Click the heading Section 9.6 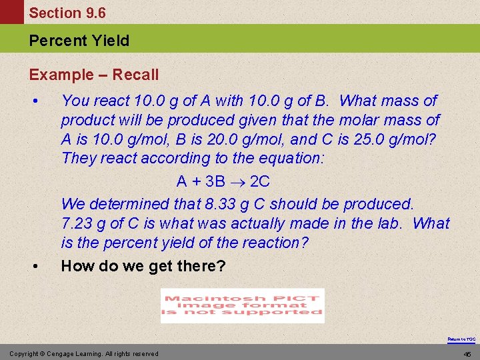(67, 13)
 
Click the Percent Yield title (79, 41)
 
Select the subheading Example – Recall (94, 75)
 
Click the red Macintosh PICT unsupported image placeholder (243, 305)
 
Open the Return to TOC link (461, 339)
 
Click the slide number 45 (467, 353)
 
